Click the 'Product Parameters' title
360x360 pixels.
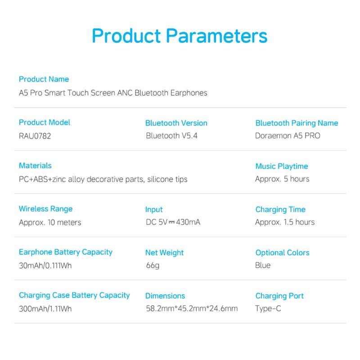pyautogui.click(x=180, y=36)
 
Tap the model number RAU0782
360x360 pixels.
pyautogui.click(x=35, y=136)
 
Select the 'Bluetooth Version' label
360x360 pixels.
pyautogui.click(x=176, y=123)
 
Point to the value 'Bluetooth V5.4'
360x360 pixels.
pyautogui.click(x=172, y=136)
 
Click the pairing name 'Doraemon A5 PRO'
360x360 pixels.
pyautogui.click(x=288, y=136)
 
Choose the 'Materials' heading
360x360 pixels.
pyautogui.click(x=35, y=166)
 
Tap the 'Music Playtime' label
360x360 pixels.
pyautogui.click(x=282, y=166)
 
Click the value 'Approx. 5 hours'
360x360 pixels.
pyautogui.click(x=282, y=179)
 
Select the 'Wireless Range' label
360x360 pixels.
pyautogui.click(x=46, y=209)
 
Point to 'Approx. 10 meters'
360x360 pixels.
pyautogui.click(x=50, y=222)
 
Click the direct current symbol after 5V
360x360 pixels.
pyautogui.click(x=172, y=222)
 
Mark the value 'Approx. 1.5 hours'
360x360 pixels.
pyautogui.click(x=285, y=222)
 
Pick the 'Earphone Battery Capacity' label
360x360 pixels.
pyautogui.click(x=66, y=252)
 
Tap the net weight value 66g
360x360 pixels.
pyautogui.click(x=153, y=265)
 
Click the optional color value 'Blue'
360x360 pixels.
pyautogui.click(x=263, y=265)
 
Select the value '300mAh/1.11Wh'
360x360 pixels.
pyautogui.click(x=45, y=309)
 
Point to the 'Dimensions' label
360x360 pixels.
pyautogui.click(x=165, y=296)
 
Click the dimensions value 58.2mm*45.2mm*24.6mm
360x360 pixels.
pyautogui.click(x=192, y=308)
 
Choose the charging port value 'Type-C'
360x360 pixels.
pyautogui.click(x=268, y=309)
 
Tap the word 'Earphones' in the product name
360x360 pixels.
pyautogui.click(x=189, y=93)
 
